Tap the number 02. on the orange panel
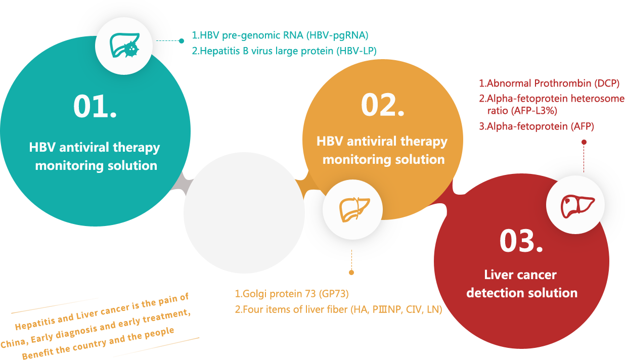(x=382, y=105)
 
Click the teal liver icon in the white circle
(x=124, y=46)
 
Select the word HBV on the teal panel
(x=42, y=148)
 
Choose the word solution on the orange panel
(x=420, y=159)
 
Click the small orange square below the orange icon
(x=351, y=273)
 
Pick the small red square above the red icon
(x=584, y=142)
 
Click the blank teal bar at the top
(x=283, y=44)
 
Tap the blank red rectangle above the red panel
(x=551, y=105)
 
